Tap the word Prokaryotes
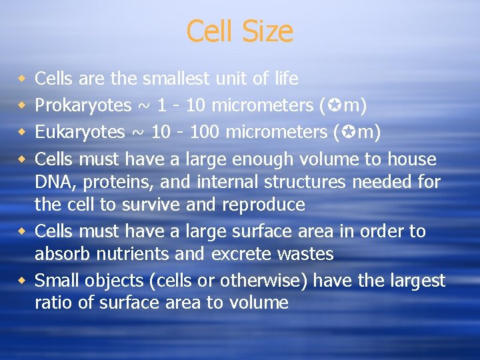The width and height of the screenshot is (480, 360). tap(83, 106)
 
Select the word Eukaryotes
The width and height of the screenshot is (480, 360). tap(79, 133)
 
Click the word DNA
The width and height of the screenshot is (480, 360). tap(52, 182)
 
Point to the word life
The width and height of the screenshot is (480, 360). tap(284, 79)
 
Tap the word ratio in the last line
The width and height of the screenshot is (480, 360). tap(52, 303)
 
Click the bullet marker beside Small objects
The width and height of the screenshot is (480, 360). tap(22, 280)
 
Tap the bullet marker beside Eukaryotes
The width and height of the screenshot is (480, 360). tap(22, 132)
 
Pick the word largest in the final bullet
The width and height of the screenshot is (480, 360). tap(417, 281)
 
